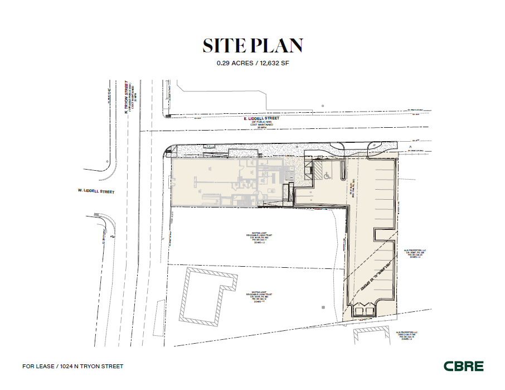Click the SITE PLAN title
click(252, 46)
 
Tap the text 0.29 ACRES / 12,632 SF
click(252, 63)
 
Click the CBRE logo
click(463, 367)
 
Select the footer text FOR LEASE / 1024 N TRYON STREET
click(72, 367)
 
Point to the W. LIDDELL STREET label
click(96, 191)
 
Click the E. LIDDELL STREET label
click(261, 119)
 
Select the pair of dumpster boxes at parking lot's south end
click(364, 310)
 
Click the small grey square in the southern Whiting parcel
click(322, 306)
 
